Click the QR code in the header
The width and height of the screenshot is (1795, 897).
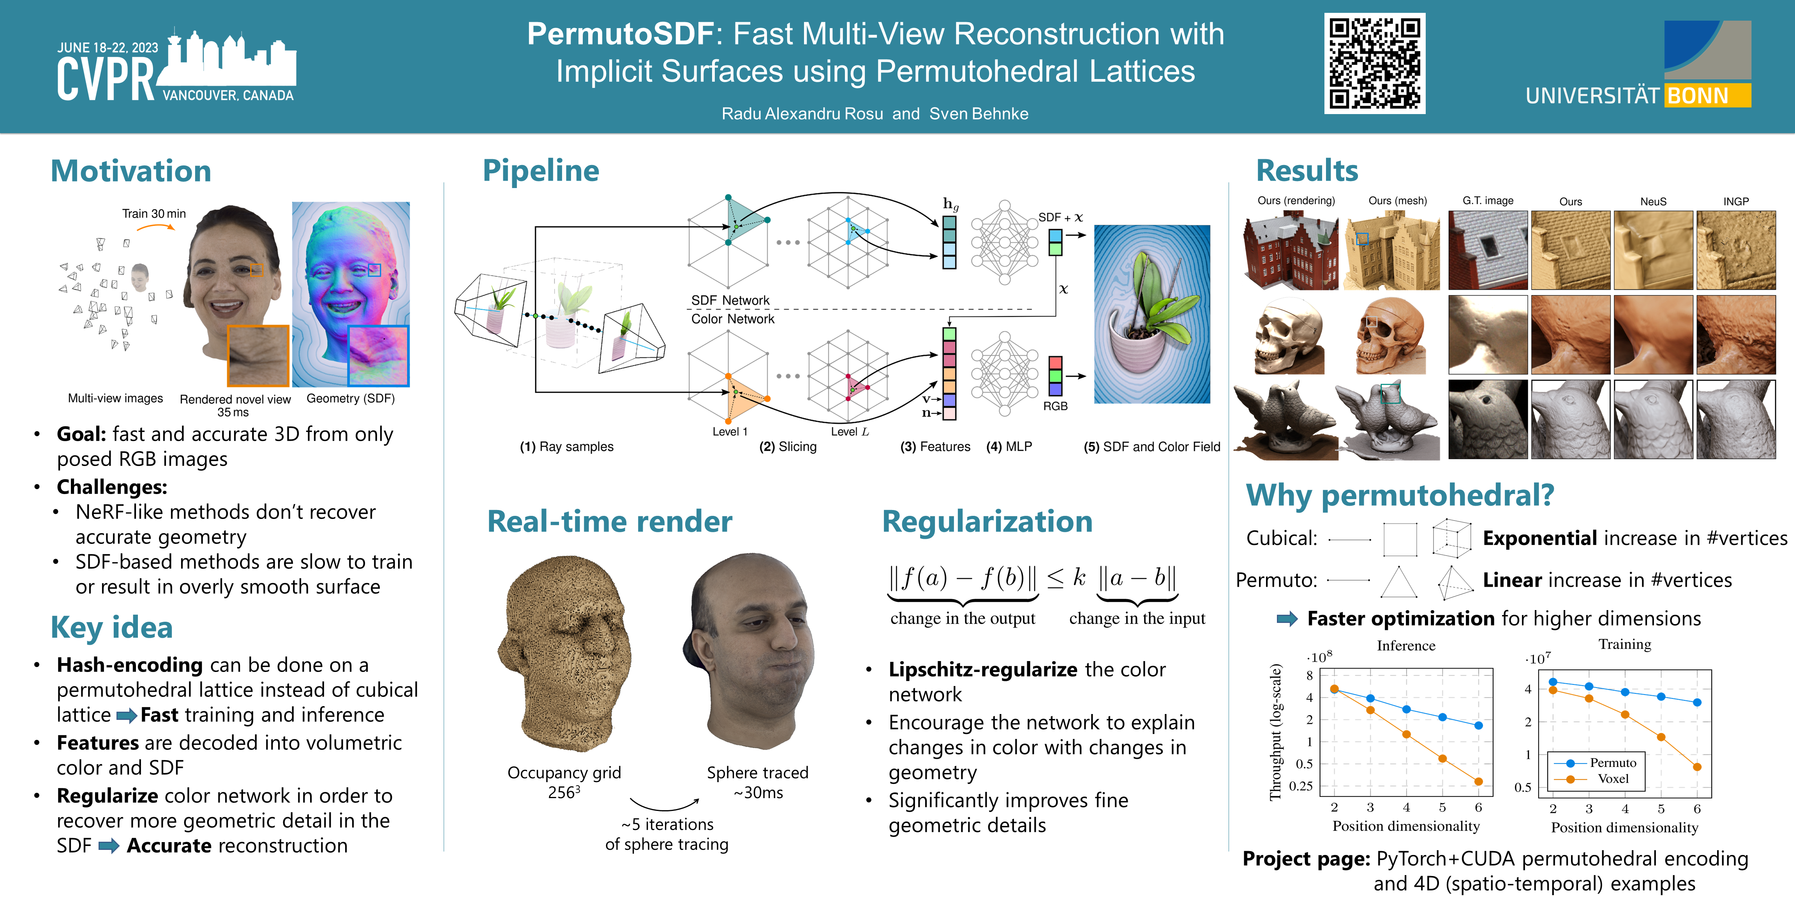(1374, 63)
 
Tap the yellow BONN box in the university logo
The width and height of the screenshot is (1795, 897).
(1707, 95)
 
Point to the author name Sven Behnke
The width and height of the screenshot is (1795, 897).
(979, 114)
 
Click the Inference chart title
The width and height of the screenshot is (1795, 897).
(1405, 645)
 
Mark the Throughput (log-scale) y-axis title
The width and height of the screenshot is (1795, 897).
(1275, 731)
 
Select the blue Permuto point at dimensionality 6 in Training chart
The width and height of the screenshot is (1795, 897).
(1697, 702)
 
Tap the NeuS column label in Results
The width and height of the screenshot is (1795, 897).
(1653, 201)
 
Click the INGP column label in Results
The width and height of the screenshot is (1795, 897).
(1736, 201)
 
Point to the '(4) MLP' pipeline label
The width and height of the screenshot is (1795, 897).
(1009, 447)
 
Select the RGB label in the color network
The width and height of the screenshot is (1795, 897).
(1055, 406)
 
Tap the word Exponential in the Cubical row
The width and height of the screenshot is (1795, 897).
(1539, 538)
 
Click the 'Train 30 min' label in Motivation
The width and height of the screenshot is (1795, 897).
(154, 214)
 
